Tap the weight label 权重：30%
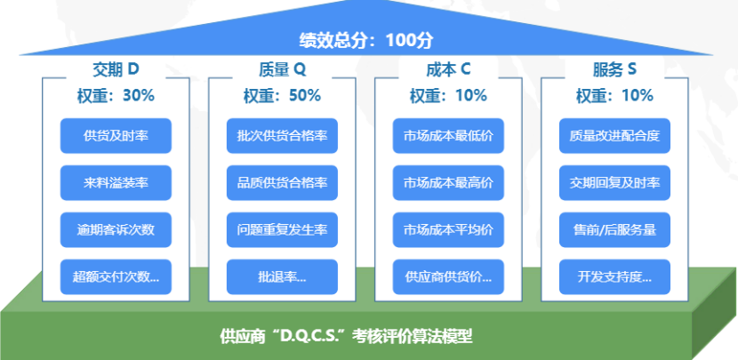pos(116,95)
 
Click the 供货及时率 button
pos(116,136)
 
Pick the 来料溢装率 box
pos(116,183)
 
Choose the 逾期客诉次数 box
pos(116,230)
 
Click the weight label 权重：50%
pos(282,95)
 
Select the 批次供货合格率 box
pos(282,136)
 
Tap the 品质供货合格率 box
pos(282,183)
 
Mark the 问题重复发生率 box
pos(282,230)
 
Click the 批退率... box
pos(282,276)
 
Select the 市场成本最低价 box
pos(448,136)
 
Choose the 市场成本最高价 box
pos(448,183)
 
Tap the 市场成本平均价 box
pos(448,230)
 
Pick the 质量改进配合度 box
pos(614,136)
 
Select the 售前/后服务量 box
pos(614,230)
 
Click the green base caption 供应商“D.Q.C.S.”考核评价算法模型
pos(347,337)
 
